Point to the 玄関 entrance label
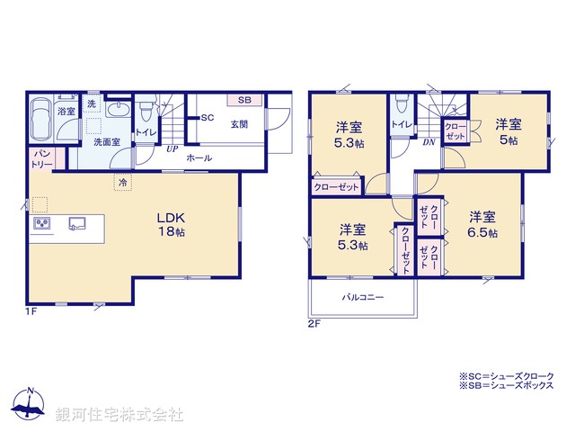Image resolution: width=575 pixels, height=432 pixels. coord(239,125)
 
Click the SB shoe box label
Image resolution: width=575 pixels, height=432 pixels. coord(244,99)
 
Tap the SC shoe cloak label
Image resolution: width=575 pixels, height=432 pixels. coord(207,118)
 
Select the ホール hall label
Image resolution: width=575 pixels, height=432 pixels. coord(199,157)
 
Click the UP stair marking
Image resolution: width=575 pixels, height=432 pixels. coord(171,149)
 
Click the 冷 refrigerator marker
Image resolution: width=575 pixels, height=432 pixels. coord(120,183)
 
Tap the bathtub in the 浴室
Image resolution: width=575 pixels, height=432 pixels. coord(41,118)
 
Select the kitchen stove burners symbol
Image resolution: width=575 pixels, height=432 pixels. coord(41,223)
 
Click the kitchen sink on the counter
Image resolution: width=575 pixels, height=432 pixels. coord(75,222)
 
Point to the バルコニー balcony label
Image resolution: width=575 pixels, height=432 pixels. coord(362,296)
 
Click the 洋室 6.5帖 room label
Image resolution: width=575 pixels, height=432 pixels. coord(482,224)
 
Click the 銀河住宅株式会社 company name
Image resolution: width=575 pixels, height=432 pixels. coord(119,415)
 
